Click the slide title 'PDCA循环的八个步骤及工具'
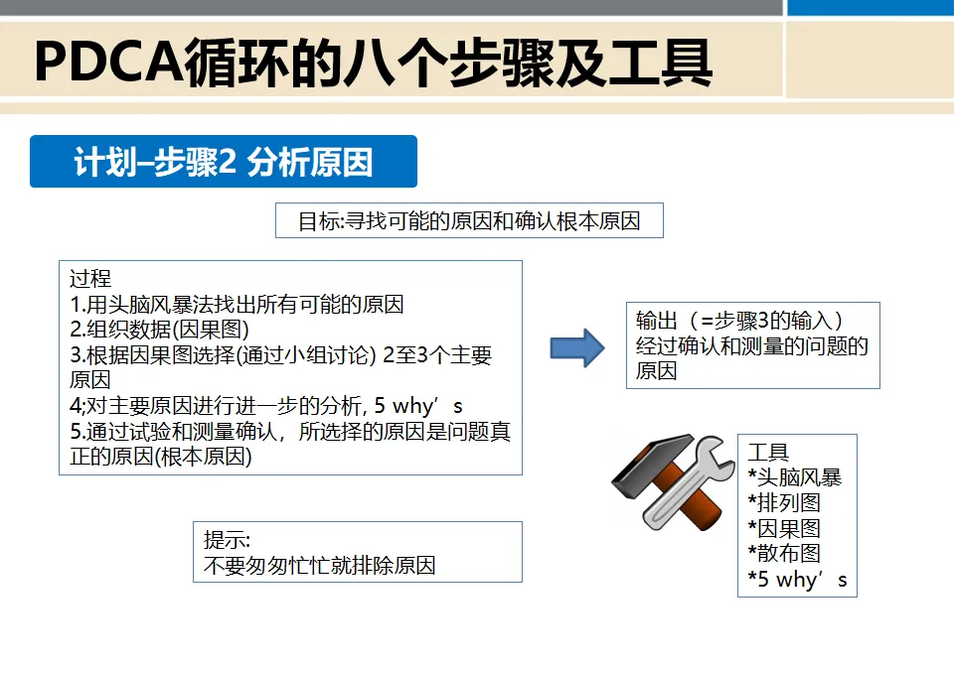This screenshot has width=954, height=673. (373, 62)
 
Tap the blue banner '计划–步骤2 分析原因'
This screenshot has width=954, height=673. (224, 162)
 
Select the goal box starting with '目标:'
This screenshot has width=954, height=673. (469, 220)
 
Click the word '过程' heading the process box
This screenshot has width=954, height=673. (90, 279)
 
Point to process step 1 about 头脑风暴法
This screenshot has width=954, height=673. (237, 305)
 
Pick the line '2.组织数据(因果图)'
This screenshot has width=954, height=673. (159, 330)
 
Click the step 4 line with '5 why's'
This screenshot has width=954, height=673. (266, 406)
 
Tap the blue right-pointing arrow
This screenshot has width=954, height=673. (577, 347)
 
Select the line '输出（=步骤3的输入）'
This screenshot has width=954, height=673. (740, 321)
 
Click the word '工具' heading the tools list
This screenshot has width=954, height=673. (768, 453)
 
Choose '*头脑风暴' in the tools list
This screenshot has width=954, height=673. (795, 477)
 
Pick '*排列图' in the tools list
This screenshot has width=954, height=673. (784, 503)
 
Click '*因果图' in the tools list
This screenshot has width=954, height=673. (784, 528)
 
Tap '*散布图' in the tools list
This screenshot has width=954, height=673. (784, 553)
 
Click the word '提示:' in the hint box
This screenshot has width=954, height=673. (227, 541)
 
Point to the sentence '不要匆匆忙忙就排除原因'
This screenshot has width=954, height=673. (319, 567)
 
